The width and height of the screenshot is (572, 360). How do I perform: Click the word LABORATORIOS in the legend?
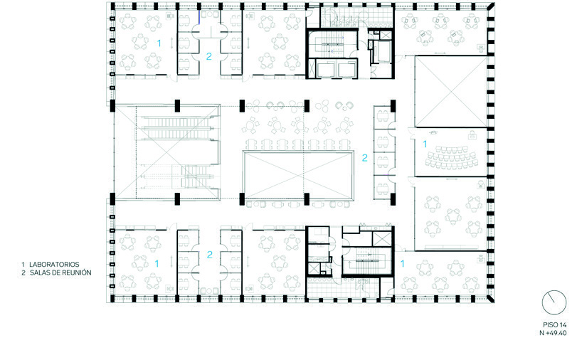pos(54,265)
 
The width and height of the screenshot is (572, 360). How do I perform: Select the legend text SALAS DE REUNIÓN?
pos(60,272)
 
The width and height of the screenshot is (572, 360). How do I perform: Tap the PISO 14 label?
pos(555,325)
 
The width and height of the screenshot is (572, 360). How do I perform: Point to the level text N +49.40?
pos(553,333)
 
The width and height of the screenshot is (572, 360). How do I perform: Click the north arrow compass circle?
pos(554,302)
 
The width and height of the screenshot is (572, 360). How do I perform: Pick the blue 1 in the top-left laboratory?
pos(159,43)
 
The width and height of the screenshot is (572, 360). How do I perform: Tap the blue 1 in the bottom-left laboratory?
pos(157,263)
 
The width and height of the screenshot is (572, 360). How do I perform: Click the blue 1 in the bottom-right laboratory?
pos(403,263)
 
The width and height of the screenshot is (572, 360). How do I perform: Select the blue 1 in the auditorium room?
pos(425,144)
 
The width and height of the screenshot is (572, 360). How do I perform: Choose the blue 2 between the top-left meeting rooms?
pos(208,56)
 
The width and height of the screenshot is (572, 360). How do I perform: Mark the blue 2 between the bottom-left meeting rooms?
pos(209,255)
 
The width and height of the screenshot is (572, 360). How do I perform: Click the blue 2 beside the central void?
pos(364,157)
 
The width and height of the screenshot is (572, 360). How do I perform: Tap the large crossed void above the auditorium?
pos(450,91)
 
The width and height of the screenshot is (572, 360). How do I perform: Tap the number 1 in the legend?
pos(23,265)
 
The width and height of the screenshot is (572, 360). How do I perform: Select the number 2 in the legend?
pos(23,272)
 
